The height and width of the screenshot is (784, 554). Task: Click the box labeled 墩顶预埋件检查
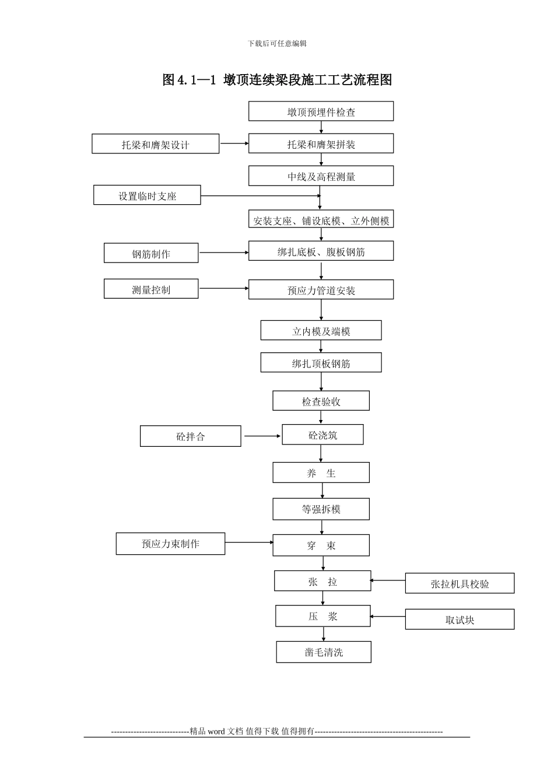tap(321, 111)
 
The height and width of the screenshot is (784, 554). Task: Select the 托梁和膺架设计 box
tap(155, 144)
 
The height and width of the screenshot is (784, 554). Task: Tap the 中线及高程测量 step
tap(321, 176)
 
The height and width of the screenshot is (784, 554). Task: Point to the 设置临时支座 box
tap(147, 195)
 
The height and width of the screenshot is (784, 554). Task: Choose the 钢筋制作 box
tap(151, 253)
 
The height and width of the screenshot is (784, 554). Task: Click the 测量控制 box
tap(151, 289)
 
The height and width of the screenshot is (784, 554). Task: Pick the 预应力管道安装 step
tap(321, 290)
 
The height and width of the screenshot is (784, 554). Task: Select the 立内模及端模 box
tap(321, 331)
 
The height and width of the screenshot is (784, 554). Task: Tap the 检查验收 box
tap(321, 401)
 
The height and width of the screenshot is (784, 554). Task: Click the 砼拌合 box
tap(190, 436)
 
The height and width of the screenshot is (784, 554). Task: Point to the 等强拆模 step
tap(321, 509)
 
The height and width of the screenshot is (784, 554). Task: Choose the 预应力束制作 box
tap(170, 544)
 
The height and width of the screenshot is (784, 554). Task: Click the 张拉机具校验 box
tap(460, 583)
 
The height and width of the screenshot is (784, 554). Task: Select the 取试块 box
tap(460, 619)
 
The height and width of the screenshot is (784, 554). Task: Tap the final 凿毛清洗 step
tap(324, 652)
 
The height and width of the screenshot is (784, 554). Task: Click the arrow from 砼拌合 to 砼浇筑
tap(262, 436)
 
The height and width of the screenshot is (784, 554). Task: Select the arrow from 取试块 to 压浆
tap(388, 616)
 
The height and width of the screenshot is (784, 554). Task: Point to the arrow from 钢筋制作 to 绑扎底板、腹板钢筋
tap(223, 253)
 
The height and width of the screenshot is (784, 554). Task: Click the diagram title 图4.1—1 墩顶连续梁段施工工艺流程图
tap(277, 80)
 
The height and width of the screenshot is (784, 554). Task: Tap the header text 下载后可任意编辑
tap(277, 43)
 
